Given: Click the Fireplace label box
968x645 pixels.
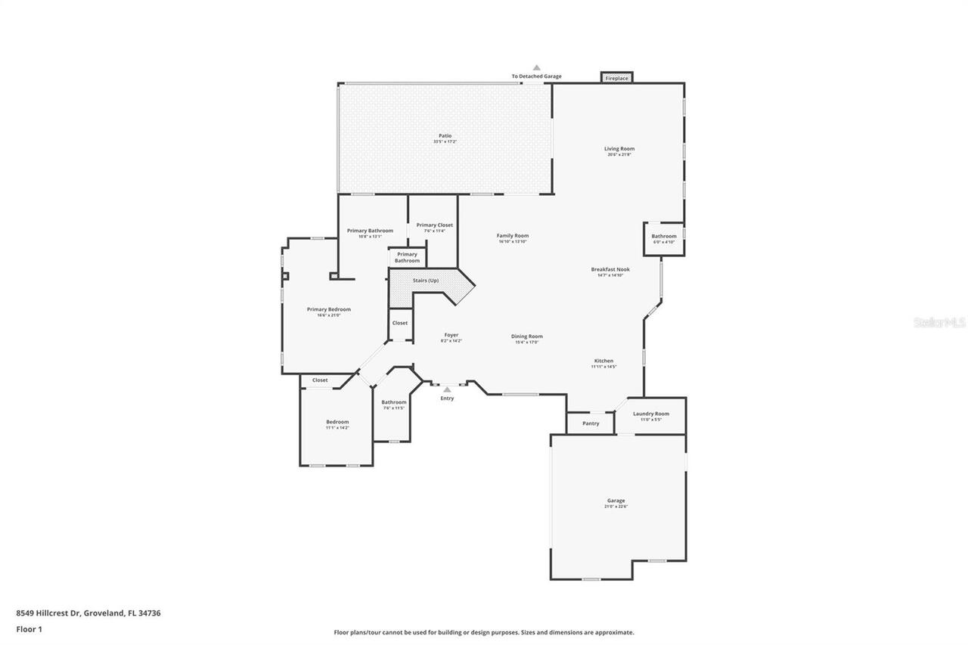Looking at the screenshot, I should [x=616, y=78].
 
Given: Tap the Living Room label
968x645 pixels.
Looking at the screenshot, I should [x=619, y=149].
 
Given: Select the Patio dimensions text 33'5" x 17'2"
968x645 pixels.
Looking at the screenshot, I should [x=445, y=142].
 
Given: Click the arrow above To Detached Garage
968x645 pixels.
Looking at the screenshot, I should [x=537, y=68].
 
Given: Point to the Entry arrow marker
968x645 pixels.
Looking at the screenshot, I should [x=447, y=390].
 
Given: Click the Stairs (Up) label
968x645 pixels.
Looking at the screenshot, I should [x=425, y=281].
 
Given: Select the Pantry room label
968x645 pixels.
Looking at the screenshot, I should [x=591, y=423].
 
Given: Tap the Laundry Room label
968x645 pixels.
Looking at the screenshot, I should [x=651, y=414].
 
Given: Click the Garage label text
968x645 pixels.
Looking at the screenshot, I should [x=616, y=501].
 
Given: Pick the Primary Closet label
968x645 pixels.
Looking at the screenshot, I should [x=435, y=225].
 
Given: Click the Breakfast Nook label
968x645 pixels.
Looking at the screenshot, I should [x=610, y=269].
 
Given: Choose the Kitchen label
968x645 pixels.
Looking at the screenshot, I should [x=603, y=361].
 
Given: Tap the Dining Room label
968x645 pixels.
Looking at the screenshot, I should [x=527, y=336].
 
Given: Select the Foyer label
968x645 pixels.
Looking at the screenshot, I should [x=451, y=335].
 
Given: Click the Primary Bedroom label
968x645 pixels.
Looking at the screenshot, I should [x=329, y=309].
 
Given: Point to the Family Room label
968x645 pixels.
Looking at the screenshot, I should [x=513, y=235].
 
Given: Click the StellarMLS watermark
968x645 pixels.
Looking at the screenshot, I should [x=939, y=322].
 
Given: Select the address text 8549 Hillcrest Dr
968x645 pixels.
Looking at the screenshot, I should [x=48, y=613].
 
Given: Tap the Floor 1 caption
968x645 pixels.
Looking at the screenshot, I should [x=29, y=629].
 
